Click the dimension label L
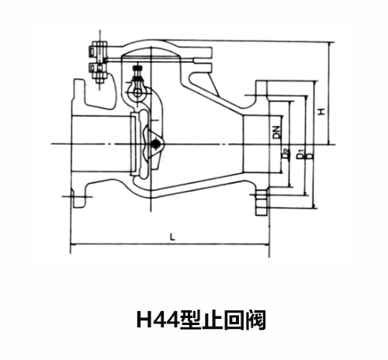coord(172,237)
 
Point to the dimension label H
coord(321,112)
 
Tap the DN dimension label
coord(277,132)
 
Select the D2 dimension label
coord(286,154)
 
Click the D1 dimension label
coord(300,154)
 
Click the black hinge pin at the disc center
coord(155,144)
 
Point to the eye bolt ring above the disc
coord(137,90)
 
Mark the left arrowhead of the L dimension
coord(72,244)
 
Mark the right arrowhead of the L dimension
coord(267,244)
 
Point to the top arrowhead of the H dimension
coord(329,44)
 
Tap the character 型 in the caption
coord(190,320)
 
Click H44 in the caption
coord(158,320)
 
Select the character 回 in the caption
coord(234,320)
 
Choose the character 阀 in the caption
coord(255,320)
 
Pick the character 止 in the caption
coord(212,320)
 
